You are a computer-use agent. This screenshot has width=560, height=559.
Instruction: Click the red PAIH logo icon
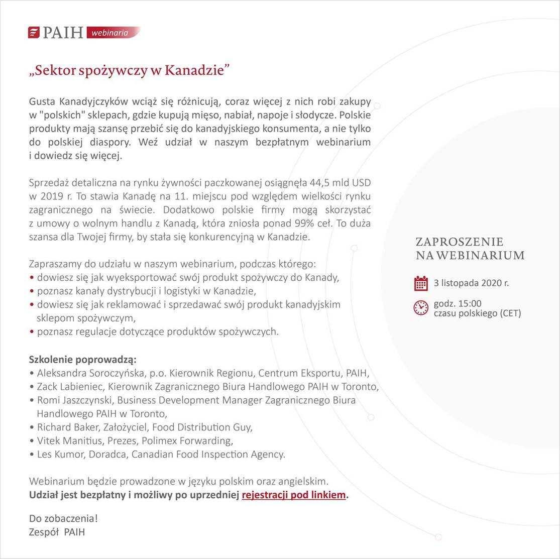click(34, 33)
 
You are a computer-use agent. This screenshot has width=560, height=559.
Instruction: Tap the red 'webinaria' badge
click(111, 33)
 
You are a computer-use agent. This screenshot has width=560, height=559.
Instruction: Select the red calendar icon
click(421, 283)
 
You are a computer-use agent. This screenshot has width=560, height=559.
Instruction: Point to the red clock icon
click(421, 307)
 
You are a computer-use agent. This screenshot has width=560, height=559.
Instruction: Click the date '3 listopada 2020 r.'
click(471, 283)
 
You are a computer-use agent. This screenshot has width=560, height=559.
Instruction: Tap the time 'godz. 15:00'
click(458, 303)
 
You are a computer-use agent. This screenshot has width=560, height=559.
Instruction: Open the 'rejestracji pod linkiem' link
click(294, 495)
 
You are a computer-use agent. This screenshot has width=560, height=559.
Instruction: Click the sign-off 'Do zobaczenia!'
click(63, 518)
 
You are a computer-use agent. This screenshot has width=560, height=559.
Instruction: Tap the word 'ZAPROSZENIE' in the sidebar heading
click(460, 242)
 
